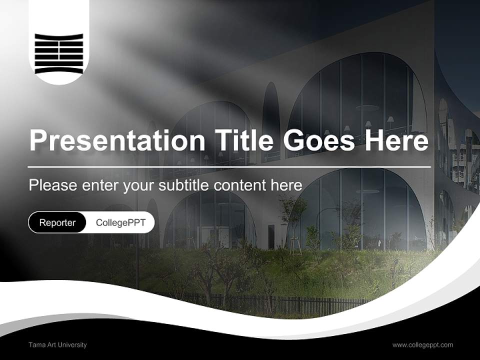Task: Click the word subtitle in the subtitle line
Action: point(184,185)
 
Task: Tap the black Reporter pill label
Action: point(57,222)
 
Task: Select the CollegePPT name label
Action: point(120,222)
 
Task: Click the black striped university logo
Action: point(59,53)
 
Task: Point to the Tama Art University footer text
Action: point(57,344)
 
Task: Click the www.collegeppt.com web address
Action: point(422,344)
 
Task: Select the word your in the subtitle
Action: point(139,185)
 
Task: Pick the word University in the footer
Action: point(72,344)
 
